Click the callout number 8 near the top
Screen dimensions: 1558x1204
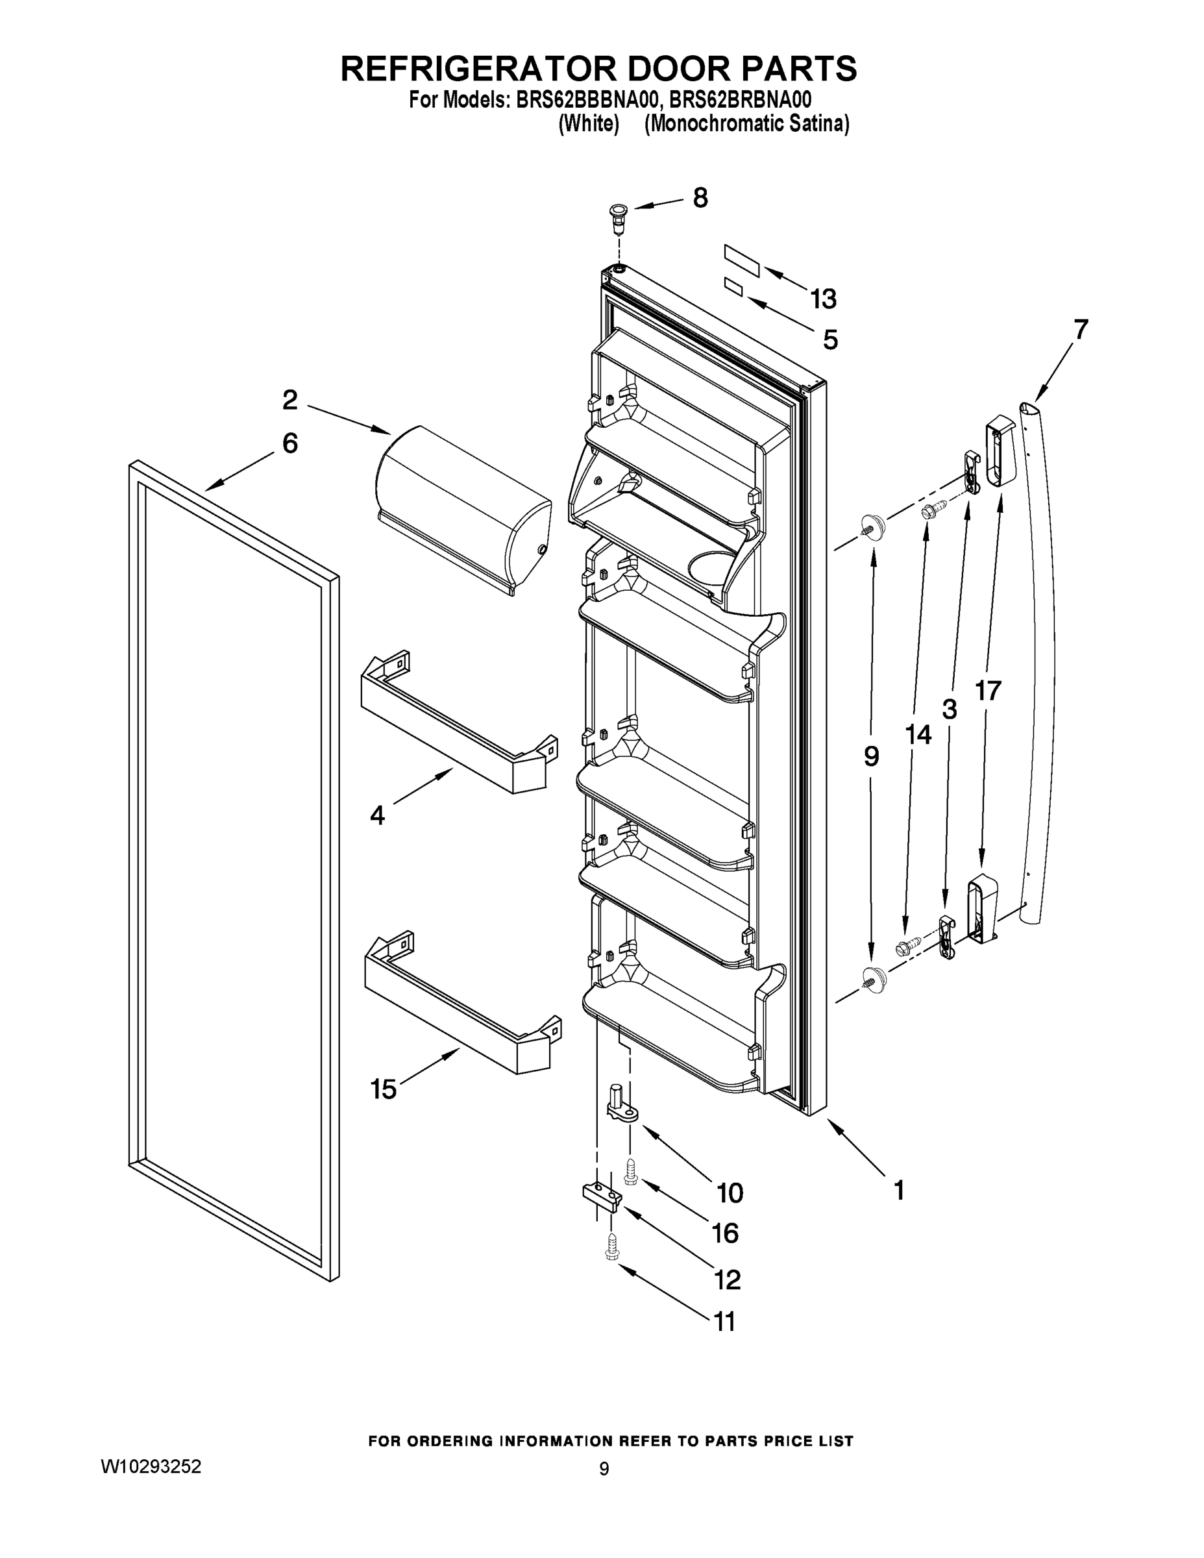[x=700, y=197]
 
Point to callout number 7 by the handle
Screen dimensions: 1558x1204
[x=1081, y=330]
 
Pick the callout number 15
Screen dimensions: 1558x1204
[x=383, y=1089]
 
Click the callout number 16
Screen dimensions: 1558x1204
[x=726, y=1233]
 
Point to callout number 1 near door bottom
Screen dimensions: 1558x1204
[x=899, y=1189]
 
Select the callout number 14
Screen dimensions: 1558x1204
[x=918, y=734]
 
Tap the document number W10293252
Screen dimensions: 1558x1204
[x=151, y=1466]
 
